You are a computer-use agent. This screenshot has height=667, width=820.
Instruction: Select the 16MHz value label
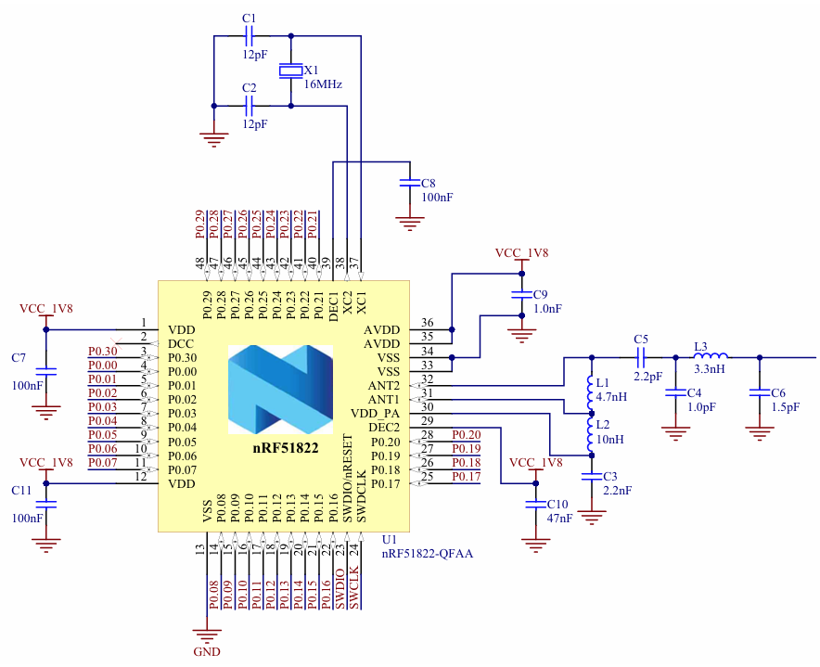[x=323, y=84]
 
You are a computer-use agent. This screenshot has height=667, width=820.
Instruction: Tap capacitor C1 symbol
[x=249, y=37]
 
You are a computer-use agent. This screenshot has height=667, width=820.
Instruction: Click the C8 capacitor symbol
[x=408, y=184]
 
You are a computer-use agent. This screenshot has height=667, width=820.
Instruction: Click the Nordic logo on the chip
[x=280, y=389]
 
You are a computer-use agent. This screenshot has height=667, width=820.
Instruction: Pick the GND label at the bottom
[x=207, y=651]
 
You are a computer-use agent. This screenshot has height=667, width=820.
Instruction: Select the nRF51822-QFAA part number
[x=428, y=553]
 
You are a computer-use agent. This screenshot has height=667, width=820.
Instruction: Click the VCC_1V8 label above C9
[x=521, y=252]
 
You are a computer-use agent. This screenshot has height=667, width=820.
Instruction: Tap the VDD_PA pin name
[x=376, y=413]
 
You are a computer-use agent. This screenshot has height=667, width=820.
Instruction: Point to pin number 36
[x=428, y=323]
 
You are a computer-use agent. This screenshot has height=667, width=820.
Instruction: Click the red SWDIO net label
[x=340, y=589]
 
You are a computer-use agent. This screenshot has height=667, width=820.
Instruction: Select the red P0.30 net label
[x=103, y=352]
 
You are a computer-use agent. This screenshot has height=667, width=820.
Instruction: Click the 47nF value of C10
[x=560, y=518]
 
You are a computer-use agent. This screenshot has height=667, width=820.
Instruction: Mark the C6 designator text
[x=777, y=392]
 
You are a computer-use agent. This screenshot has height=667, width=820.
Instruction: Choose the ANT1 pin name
[x=384, y=399]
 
